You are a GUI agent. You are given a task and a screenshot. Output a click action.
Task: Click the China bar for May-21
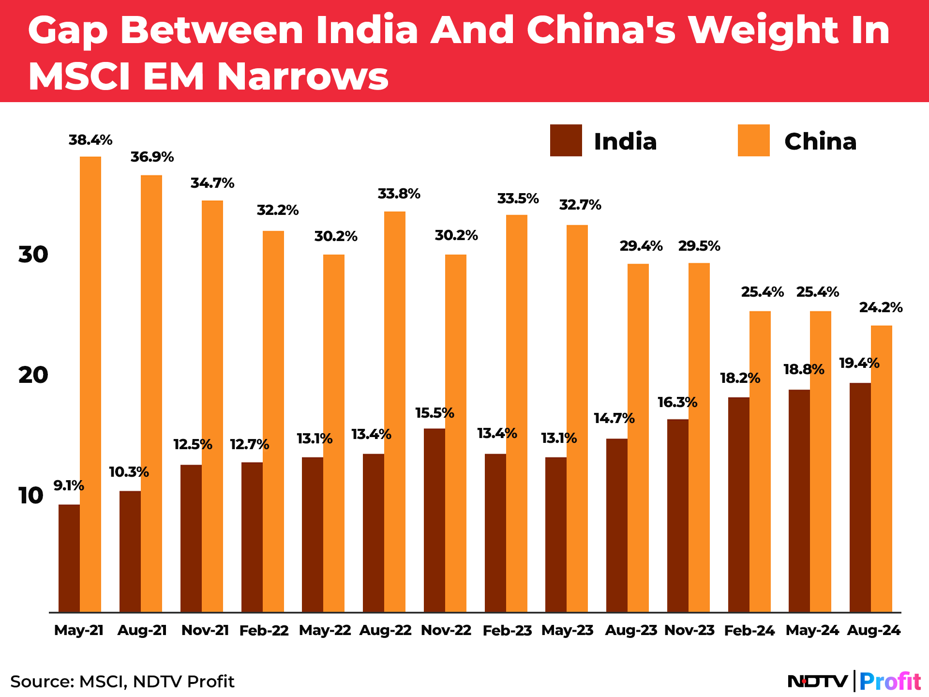coord(90,384)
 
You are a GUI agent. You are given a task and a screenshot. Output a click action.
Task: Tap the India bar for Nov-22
coord(434,520)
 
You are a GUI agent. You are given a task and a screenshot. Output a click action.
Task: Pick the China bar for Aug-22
coord(395,412)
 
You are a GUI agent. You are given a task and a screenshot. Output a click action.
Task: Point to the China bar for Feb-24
coord(760,462)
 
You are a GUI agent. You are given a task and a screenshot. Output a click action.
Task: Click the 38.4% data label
coord(90,140)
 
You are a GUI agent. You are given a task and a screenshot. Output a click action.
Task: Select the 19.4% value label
coord(859,363)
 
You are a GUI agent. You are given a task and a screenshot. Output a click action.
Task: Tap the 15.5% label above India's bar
coord(435,413)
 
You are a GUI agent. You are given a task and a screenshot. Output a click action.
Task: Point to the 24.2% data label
coord(881,307)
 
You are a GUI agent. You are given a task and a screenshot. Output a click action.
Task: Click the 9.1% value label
coord(69,485)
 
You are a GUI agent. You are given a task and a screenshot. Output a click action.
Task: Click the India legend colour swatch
coord(566,140)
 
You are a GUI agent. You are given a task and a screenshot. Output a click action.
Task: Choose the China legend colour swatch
coord(753,140)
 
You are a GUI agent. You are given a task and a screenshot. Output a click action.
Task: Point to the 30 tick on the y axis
coord(33,255)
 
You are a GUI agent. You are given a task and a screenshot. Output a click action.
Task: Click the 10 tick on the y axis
coord(31,496)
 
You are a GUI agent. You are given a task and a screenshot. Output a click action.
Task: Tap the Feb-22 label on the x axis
coord(264,630)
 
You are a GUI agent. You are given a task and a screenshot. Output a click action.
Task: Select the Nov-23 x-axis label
coord(689,630)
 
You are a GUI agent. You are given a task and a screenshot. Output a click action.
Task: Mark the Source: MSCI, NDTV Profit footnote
coord(122,682)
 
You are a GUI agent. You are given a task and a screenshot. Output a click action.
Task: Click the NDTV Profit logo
coord(854,682)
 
